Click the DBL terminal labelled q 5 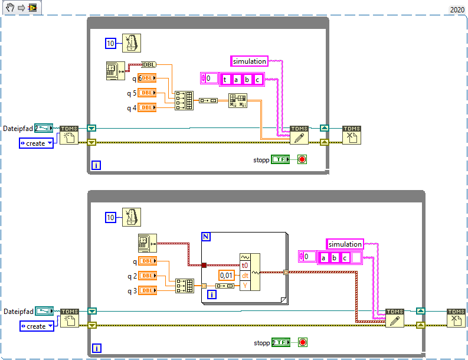[147, 93]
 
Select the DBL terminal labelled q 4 [147, 107]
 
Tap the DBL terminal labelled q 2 [147, 276]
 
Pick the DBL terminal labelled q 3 [147, 290]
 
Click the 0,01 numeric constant [226, 275]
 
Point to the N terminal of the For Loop [207, 237]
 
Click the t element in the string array [225, 79]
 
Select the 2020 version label [457, 9]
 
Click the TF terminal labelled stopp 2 [280, 342]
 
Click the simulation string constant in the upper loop [249, 61]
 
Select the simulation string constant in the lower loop [345, 244]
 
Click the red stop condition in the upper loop [303, 159]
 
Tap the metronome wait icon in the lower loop [131, 217]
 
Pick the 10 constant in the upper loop [111, 43]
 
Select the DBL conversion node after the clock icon [148, 64]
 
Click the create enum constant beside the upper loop [36, 143]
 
